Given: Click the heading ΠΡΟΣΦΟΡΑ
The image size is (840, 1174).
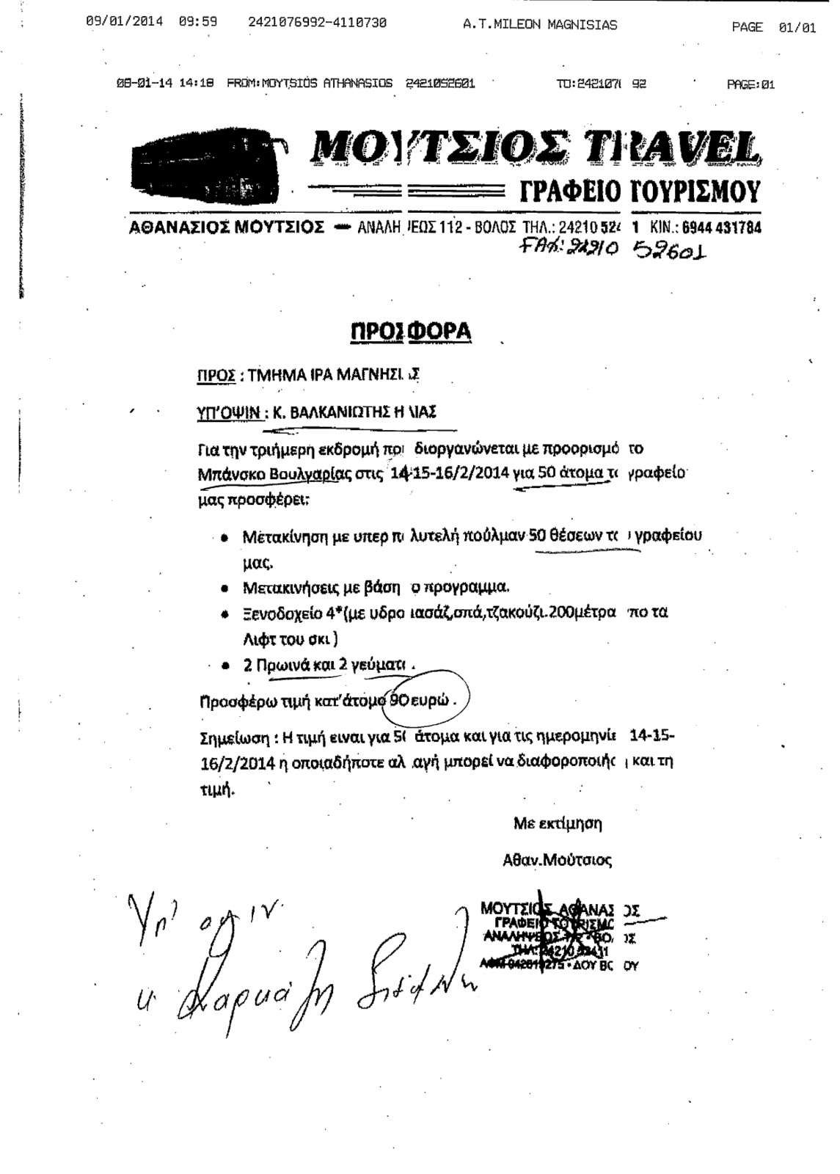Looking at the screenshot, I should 410,331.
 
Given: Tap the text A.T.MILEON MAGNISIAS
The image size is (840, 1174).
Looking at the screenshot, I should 539,24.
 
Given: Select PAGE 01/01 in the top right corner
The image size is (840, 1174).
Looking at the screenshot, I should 773,27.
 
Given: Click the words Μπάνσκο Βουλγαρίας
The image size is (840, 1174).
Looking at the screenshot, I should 274,474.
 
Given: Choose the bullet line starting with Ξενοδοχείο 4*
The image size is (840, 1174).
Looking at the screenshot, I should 454,613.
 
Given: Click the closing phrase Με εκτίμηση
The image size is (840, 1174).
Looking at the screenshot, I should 558,823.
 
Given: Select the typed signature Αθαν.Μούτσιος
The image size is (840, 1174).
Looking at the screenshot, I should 557,859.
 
